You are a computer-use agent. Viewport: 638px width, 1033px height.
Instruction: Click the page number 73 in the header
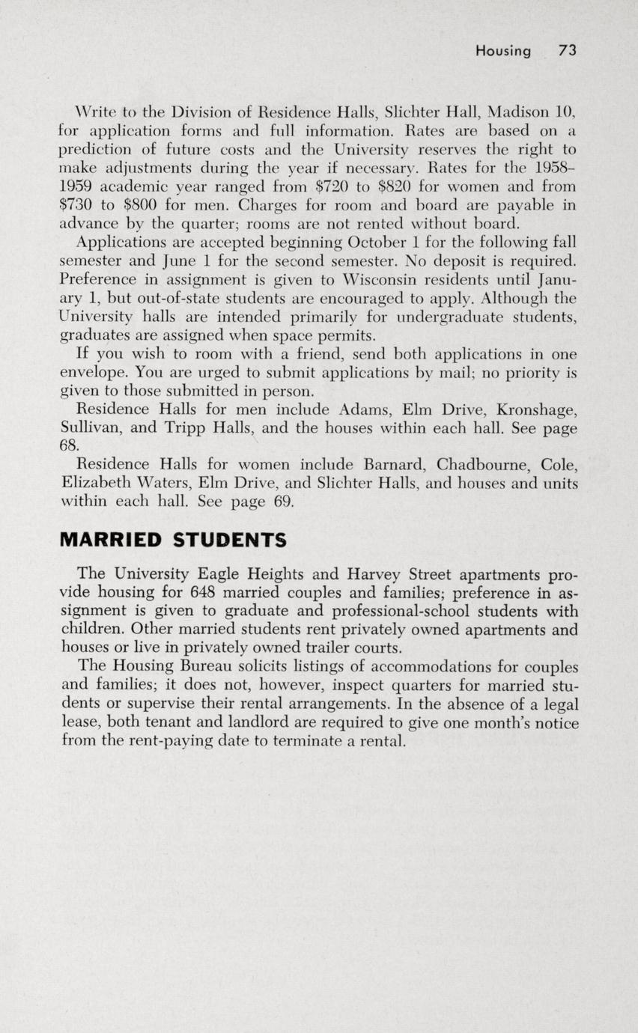(567, 51)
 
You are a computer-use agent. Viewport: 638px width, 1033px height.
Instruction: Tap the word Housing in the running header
(502, 51)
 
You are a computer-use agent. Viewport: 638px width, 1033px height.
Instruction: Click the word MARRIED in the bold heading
(109, 540)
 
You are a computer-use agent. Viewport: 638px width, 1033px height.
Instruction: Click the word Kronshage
(538, 409)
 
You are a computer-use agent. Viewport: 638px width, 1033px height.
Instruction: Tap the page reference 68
(69, 445)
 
